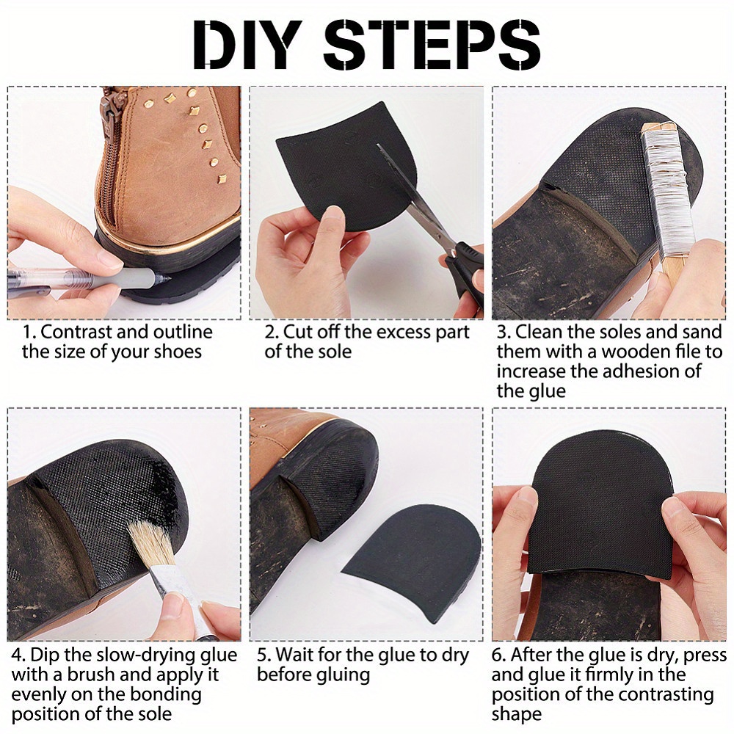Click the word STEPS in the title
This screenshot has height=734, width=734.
(432, 46)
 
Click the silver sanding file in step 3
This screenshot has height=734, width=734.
(666, 186)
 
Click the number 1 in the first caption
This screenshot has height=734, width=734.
(29, 333)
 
